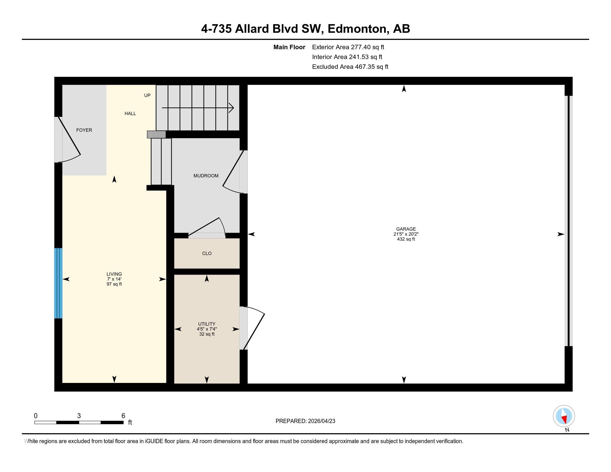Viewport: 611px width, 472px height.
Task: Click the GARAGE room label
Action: click(x=406, y=229)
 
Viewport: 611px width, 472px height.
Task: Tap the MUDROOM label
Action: click(x=206, y=175)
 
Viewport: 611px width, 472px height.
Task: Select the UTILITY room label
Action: click(x=207, y=324)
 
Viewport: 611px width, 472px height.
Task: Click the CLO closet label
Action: click(x=207, y=253)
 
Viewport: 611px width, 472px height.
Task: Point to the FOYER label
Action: click(x=84, y=130)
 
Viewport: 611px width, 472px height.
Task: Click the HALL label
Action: click(x=130, y=113)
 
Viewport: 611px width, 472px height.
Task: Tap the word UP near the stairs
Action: click(x=147, y=95)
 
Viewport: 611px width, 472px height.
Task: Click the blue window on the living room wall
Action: click(x=58, y=283)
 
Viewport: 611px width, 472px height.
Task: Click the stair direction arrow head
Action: click(x=232, y=108)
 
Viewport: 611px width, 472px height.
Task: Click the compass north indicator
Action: click(x=564, y=416)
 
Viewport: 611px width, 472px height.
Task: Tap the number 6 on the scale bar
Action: click(x=123, y=416)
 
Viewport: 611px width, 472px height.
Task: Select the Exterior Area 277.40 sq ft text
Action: click(x=348, y=47)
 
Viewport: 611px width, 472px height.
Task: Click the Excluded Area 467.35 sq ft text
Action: click(x=350, y=67)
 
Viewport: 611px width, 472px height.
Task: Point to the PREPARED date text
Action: click(x=305, y=421)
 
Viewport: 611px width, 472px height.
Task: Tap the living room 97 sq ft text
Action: click(x=114, y=284)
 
